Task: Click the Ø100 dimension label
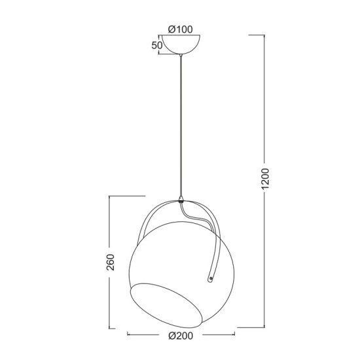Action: [x=181, y=29]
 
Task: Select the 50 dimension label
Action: [x=157, y=45]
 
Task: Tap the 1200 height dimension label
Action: [x=265, y=179]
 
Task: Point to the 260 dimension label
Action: [x=110, y=262]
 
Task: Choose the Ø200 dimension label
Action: [x=181, y=336]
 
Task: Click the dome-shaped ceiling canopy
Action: [x=181, y=45]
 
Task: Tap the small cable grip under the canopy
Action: [x=181, y=56]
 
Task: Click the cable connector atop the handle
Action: [x=181, y=199]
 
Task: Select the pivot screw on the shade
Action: [x=211, y=279]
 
